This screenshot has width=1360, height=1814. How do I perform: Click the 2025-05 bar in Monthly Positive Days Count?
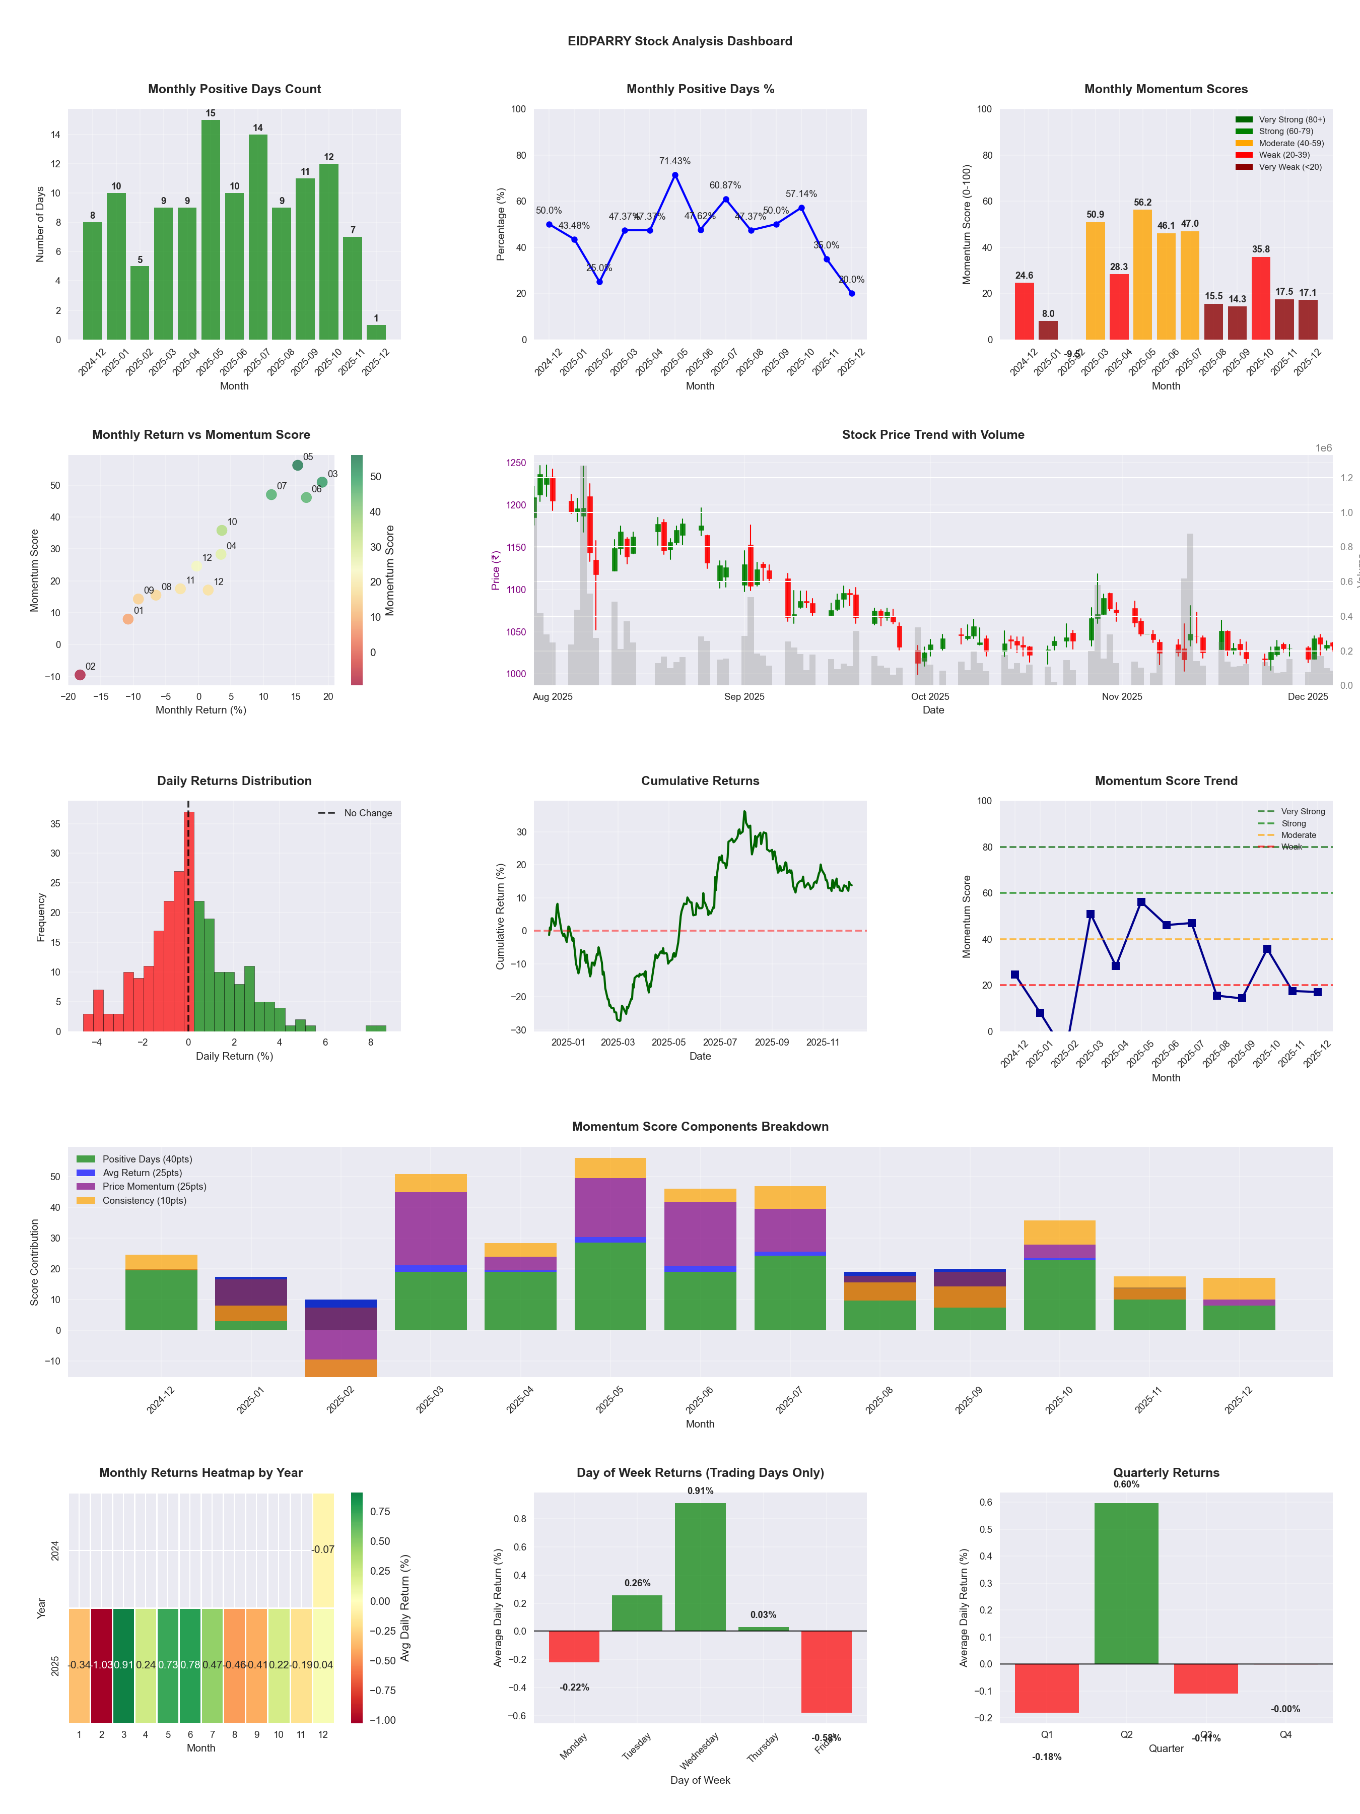(x=211, y=230)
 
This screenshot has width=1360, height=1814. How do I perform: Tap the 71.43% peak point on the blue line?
(x=675, y=175)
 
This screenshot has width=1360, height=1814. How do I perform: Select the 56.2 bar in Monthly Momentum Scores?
(x=1142, y=275)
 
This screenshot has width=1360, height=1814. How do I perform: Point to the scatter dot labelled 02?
(x=80, y=675)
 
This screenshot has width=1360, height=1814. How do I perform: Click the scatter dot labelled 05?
(x=298, y=465)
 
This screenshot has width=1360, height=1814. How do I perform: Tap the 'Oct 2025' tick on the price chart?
(x=930, y=697)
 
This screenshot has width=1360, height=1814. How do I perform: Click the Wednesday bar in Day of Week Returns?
(x=700, y=1566)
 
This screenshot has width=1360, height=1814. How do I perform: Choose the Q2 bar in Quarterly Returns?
(x=1126, y=1583)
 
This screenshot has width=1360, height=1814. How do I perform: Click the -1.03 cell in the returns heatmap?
(x=102, y=1665)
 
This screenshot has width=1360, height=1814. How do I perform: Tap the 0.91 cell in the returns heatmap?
(x=124, y=1665)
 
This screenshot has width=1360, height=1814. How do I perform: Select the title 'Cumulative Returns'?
(x=700, y=781)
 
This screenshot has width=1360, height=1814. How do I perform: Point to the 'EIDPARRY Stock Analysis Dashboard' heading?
(x=679, y=41)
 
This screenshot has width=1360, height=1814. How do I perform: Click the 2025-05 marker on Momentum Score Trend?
(x=1141, y=902)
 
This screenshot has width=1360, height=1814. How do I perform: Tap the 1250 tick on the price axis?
(x=516, y=463)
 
